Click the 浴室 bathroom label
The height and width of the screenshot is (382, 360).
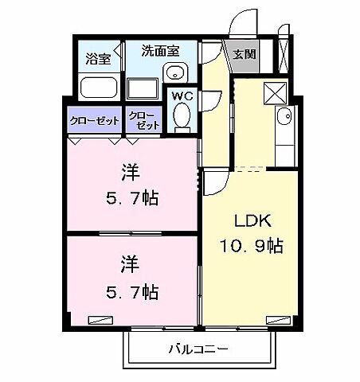(x=99, y=58)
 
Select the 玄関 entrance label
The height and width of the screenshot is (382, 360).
(x=243, y=55)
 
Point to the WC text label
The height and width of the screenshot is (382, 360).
(x=182, y=95)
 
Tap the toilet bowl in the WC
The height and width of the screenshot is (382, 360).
(x=182, y=117)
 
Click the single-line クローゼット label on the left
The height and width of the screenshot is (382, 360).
(x=93, y=120)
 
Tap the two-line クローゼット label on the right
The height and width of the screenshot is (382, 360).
(x=143, y=120)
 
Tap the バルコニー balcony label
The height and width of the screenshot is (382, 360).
(x=198, y=349)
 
